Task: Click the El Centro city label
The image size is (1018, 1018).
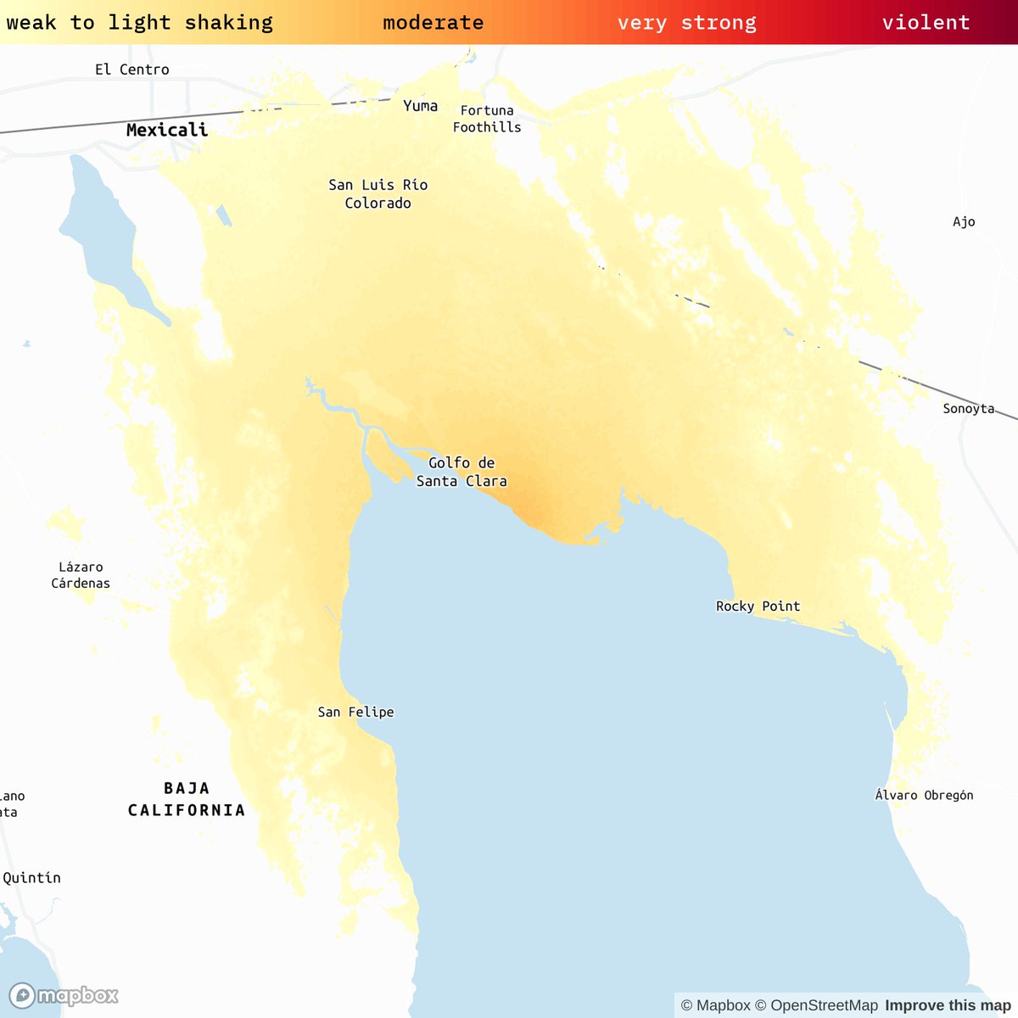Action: pyautogui.click(x=131, y=70)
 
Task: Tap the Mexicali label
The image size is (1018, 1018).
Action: pyautogui.click(x=166, y=130)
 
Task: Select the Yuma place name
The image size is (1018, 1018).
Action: pyautogui.click(x=420, y=106)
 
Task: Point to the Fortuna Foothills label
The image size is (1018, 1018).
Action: pyautogui.click(x=487, y=119)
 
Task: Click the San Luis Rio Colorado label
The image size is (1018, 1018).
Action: pyautogui.click(x=378, y=193)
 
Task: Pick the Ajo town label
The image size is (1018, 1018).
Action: pyautogui.click(x=964, y=221)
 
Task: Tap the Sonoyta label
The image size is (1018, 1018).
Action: pyautogui.click(x=968, y=409)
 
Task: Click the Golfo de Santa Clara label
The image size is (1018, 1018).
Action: pyautogui.click(x=461, y=472)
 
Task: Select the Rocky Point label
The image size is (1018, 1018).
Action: pyautogui.click(x=758, y=606)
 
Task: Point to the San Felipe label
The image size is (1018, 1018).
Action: pyautogui.click(x=355, y=712)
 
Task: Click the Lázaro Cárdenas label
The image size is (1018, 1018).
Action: pyautogui.click(x=81, y=575)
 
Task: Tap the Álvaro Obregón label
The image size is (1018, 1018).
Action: pyautogui.click(x=924, y=795)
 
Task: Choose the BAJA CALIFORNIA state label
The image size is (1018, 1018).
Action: pyautogui.click(x=187, y=799)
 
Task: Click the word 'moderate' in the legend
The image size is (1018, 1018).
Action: pyautogui.click(x=433, y=23)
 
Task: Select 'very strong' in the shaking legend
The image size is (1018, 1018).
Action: pyautogui.click(x=686, y=23)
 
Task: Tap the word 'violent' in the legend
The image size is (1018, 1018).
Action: pyautogui.click(x=926, y=23)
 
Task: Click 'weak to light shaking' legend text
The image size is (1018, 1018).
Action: pyautogui.click(x=139, y=23)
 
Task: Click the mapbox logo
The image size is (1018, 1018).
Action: pyautogui.click(x=64, y=995)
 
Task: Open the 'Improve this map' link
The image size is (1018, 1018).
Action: pyautogui.click(x=948, y=1005)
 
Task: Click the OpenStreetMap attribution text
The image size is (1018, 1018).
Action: pyautogui.click(x=817, y=1005)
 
